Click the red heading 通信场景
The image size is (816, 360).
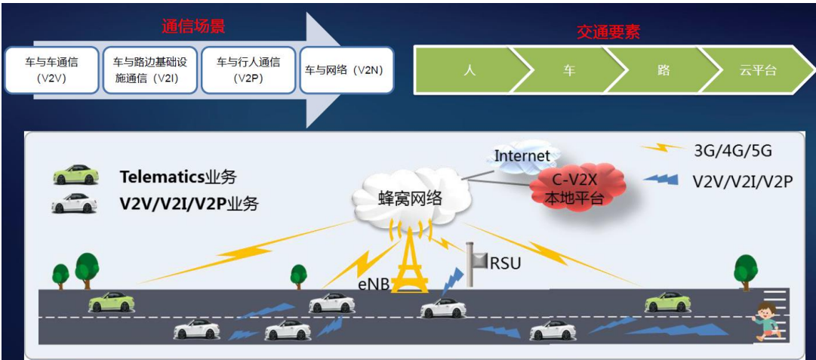(194, 26)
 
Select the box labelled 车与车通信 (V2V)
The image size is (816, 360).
(52, 69)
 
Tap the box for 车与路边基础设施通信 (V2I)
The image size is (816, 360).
(149, 69)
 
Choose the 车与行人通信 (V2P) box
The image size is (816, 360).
(248, 69)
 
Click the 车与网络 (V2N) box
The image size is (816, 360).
(346, 69)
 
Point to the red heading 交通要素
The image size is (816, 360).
(608, 32)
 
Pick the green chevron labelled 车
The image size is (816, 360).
(568, 70)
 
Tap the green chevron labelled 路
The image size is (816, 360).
(663, 70)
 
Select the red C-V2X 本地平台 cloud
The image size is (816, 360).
(577, 187)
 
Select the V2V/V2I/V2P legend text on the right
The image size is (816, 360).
(742, 181)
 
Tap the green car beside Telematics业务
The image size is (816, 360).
(75, 175)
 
